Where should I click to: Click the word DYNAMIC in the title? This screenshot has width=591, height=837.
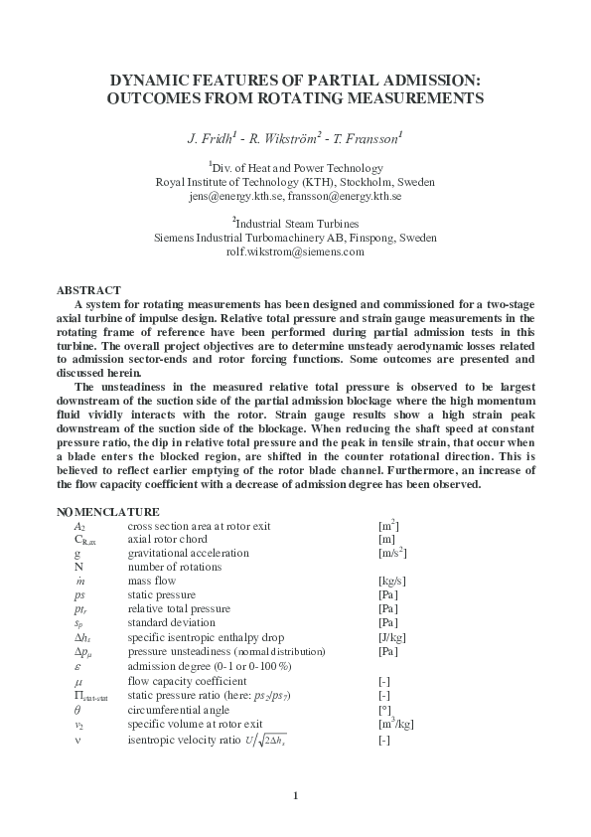point(148,81)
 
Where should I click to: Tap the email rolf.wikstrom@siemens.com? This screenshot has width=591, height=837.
point(295,252)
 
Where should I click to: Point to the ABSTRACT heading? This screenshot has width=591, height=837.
point(88,289)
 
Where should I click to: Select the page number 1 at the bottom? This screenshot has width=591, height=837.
point(295,795)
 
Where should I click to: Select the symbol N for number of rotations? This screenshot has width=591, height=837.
point(78,567)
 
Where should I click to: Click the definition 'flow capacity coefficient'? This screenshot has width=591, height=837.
point(182,683)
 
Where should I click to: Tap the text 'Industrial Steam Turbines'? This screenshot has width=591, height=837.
point(296,224)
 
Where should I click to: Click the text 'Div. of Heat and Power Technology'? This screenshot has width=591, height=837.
point(295,168)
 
